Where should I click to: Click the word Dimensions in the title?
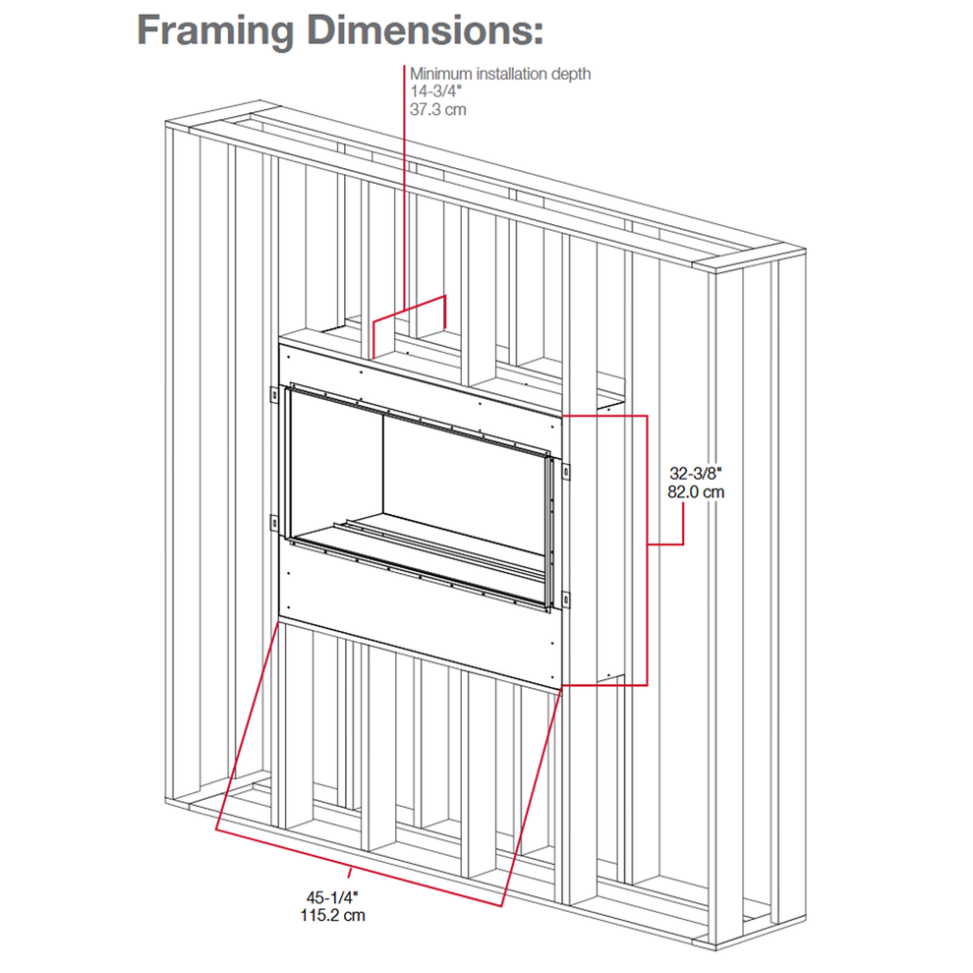[425, 29]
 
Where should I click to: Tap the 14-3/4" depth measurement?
[435, 91]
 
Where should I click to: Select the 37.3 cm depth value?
[437, 110]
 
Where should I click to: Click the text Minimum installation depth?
[500, 74]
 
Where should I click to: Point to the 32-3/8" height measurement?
[696, 474]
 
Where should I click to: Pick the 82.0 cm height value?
[696, 492]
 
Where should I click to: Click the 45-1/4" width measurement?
[332, 897]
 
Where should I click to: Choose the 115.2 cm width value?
[332, 915]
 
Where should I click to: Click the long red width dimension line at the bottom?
[359, 868]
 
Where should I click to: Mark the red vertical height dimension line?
[648, 550]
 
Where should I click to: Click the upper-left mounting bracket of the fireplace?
[273, 395]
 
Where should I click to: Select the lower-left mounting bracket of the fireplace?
[273, 523]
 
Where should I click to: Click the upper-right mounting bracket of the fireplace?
[565, 471]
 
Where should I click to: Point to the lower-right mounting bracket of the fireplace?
[565, 601]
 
